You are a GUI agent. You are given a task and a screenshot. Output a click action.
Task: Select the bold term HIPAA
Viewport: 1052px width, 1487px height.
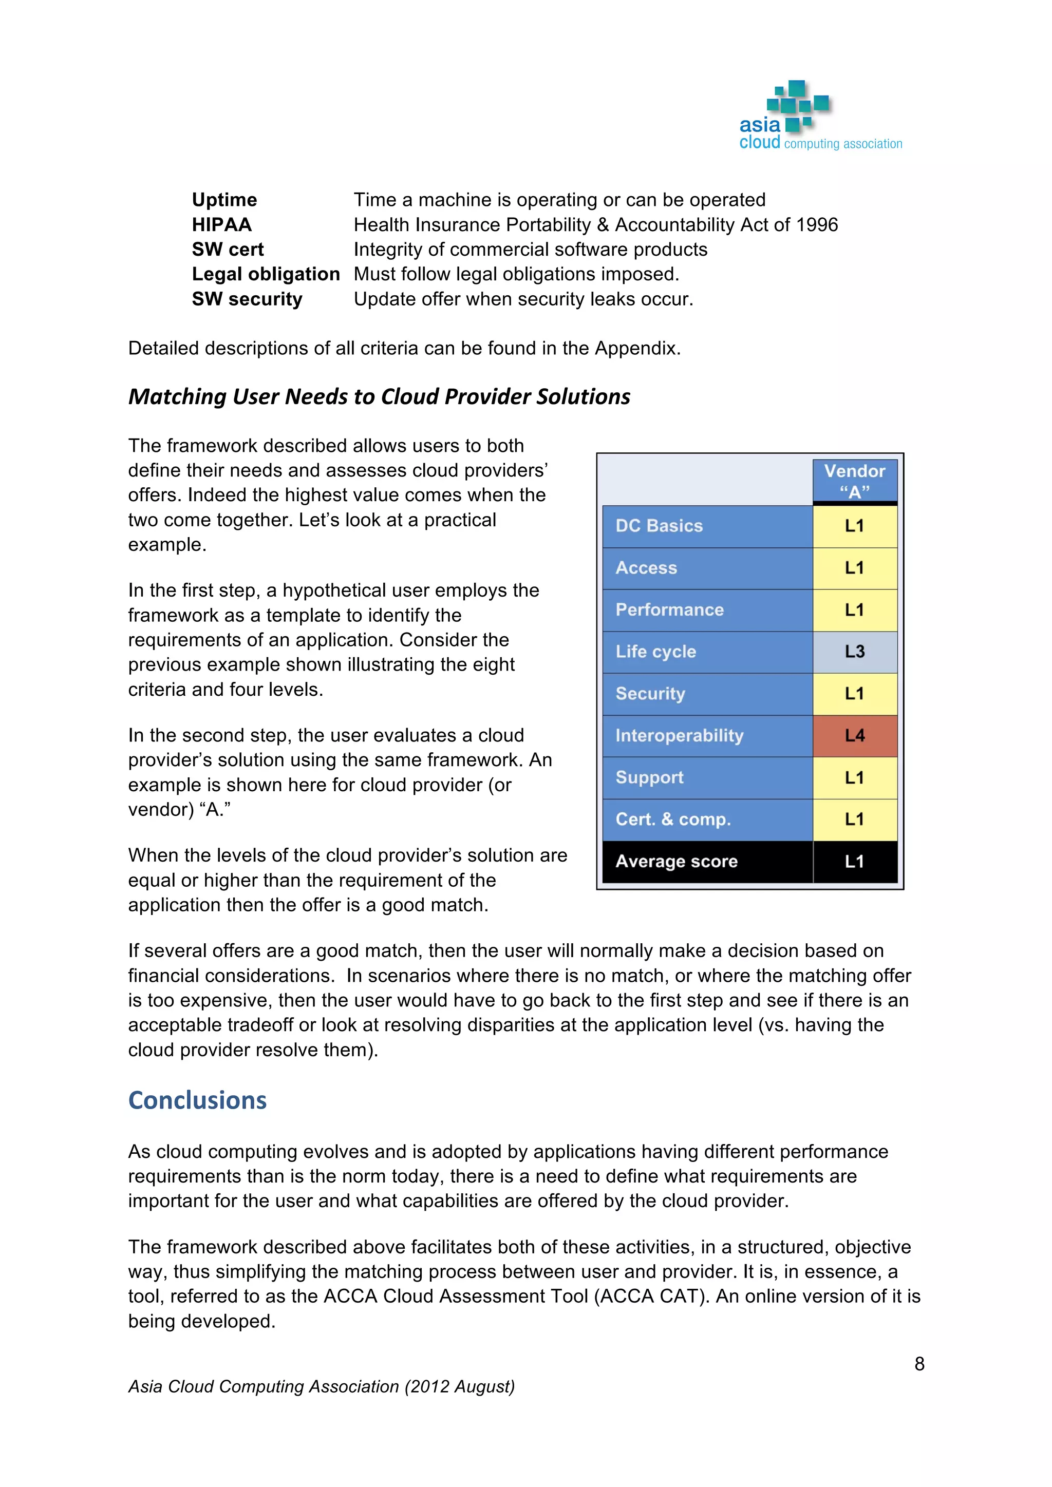point(221,225)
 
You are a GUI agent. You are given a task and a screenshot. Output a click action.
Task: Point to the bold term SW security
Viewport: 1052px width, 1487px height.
point(247,299)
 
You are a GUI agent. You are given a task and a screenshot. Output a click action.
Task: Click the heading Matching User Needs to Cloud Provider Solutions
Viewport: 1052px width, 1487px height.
point(379,396)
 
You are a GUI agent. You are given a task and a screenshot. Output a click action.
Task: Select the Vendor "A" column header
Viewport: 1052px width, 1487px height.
point(854,481)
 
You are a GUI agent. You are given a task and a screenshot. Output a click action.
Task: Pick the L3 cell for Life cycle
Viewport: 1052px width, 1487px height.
point(854,652)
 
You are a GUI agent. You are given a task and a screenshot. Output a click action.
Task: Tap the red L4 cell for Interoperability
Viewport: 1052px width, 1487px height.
point(854,736)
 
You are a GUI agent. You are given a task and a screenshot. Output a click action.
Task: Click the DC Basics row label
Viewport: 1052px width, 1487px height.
point(659,526)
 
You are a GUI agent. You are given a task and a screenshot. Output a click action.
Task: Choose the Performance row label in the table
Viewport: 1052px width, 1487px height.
point(669,609)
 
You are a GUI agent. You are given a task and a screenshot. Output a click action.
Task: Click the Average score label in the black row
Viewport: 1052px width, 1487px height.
point(677,862)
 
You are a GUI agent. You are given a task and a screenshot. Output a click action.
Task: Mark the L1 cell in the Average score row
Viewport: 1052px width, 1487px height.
point(854,862)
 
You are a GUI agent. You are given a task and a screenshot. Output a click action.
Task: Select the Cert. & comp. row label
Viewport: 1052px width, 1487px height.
point(673,819)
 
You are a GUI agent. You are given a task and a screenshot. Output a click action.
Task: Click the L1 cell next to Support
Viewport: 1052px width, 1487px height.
point(854,777)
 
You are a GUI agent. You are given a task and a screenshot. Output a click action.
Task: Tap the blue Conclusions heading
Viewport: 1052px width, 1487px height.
point(198,1100)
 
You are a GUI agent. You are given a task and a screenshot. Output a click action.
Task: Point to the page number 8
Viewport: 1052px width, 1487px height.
point(919,1364)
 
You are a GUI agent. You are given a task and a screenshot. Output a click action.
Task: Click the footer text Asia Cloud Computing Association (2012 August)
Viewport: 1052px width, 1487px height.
point(321,1386)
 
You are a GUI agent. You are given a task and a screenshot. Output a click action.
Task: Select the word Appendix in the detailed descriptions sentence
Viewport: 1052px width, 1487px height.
point(636,349)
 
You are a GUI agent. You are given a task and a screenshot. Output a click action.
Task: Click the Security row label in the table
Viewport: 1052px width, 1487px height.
point(650,694)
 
